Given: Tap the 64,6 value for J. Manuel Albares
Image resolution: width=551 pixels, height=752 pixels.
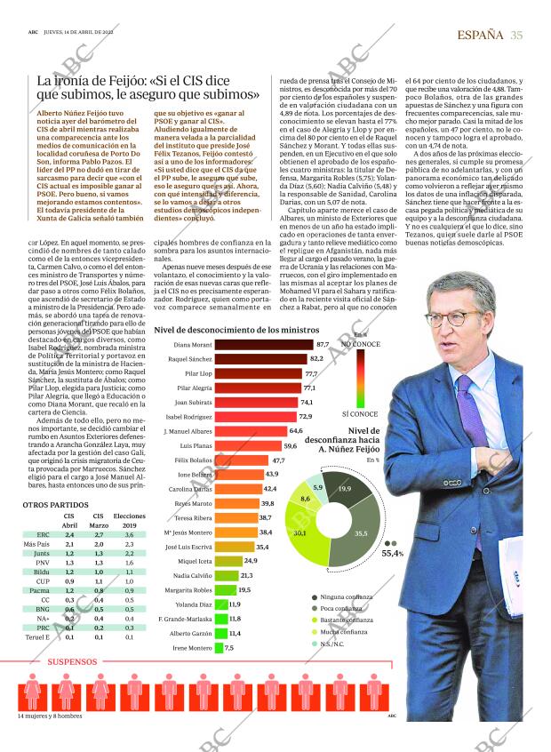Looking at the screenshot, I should tap(296, 431).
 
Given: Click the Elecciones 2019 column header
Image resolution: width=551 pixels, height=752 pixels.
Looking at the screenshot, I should tap(130, 520).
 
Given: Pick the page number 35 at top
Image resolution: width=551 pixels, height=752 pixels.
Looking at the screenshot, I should tap(517, 35).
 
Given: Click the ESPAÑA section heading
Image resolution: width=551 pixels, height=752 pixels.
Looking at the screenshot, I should tap(480, 35).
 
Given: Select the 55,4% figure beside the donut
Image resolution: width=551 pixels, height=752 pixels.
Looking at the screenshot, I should tap(392, 553).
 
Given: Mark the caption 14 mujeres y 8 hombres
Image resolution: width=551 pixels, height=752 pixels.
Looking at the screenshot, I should tap(50, 716).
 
